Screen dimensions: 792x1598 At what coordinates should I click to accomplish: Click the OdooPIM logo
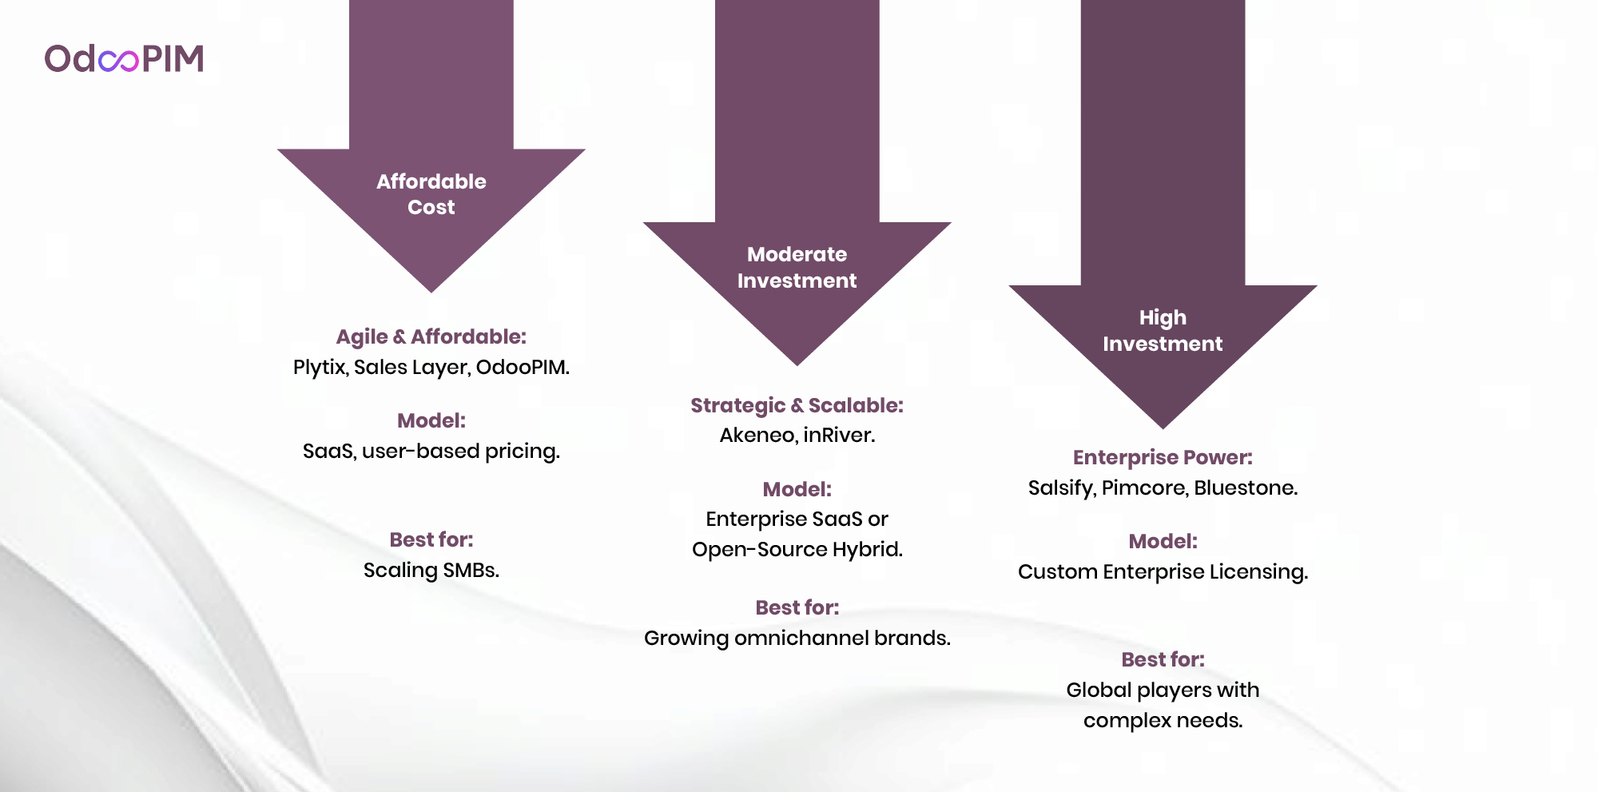124,58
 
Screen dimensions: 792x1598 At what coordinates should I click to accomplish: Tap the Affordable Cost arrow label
431,194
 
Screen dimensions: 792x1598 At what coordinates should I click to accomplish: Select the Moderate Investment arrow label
797,267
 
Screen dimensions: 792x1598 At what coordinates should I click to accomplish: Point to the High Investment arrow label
1163,330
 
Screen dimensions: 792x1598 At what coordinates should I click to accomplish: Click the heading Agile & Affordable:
431,336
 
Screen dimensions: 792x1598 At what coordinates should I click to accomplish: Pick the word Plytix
320,368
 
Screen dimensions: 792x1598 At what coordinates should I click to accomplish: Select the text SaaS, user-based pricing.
431,452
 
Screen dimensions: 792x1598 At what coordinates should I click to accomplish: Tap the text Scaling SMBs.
431,571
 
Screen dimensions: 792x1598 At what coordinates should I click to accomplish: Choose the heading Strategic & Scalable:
797,405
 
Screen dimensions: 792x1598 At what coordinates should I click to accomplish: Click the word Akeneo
757,436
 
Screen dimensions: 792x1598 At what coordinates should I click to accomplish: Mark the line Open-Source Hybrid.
797,550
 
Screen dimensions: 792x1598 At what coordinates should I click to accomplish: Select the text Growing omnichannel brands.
797,639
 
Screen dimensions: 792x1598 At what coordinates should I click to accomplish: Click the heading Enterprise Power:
1163,457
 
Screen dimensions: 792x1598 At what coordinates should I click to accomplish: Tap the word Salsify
1061,488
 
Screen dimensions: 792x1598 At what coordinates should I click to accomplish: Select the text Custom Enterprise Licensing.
1163,572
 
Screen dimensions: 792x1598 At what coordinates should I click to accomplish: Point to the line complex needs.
1163,721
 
